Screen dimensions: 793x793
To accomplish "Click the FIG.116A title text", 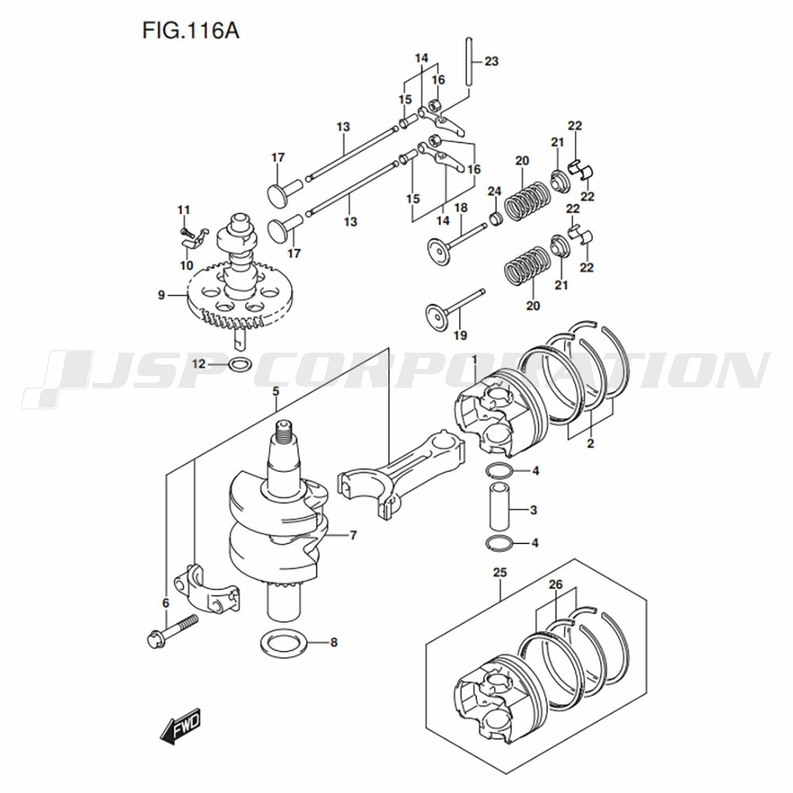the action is coord(190,31).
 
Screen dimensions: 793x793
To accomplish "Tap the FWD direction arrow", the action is coord(180,726).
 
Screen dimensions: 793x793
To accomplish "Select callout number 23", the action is coord(491,61).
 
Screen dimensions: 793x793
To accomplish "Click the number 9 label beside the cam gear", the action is coord(161,294).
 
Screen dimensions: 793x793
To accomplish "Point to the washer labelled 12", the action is coord(240,364).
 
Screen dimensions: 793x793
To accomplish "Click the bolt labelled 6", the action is coord(170,630).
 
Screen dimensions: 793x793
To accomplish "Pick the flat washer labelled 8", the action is coord(284,643).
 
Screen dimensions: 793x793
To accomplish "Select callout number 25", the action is coord(500,573).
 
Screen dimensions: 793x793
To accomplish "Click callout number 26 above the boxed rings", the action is coord(555,585).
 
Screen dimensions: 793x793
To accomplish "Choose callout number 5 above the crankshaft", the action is coord(276,392).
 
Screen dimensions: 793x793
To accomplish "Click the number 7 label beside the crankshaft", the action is coord(353,534).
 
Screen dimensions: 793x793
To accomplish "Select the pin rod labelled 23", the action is coord(469,62).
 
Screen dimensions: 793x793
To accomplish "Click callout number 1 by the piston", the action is coord(475,359).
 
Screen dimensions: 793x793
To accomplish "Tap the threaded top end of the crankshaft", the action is coord(284,431).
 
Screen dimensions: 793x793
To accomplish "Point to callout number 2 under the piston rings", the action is coord(590,444).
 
